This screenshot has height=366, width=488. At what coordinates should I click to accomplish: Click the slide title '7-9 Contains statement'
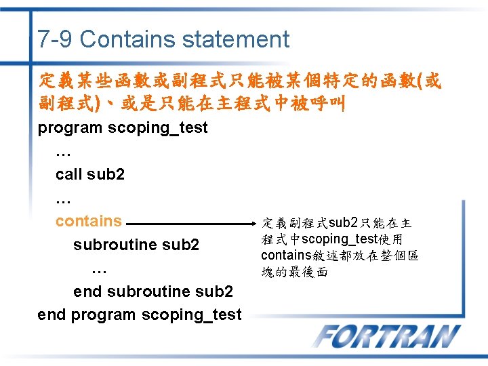tap(163, 39)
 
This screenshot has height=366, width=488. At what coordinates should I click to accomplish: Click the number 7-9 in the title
tap(56, 39)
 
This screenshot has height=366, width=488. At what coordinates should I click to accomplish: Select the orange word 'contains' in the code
tap(89, 221)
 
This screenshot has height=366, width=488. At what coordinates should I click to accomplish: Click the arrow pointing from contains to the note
tap(186, 222)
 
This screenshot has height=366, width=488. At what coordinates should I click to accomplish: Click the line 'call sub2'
tap(90, 174)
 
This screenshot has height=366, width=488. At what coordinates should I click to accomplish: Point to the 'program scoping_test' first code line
tap(123, 127)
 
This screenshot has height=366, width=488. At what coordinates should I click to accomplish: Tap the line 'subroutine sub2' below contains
tap(136, 244)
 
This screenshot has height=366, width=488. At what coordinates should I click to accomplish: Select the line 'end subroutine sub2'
tap(153, 291)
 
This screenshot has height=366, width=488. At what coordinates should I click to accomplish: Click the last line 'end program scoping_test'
tap(140, 314)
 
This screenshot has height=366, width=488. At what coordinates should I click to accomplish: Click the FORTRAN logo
tap(386, 337)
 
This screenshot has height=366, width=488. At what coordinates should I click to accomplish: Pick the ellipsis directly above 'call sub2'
tap(63, 151)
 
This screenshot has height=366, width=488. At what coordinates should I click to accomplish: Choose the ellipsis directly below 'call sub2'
tap(63, 198)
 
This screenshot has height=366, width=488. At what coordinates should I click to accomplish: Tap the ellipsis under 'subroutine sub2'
tap(99, 268)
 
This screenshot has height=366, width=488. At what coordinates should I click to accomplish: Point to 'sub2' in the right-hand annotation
tap(344, 222)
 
